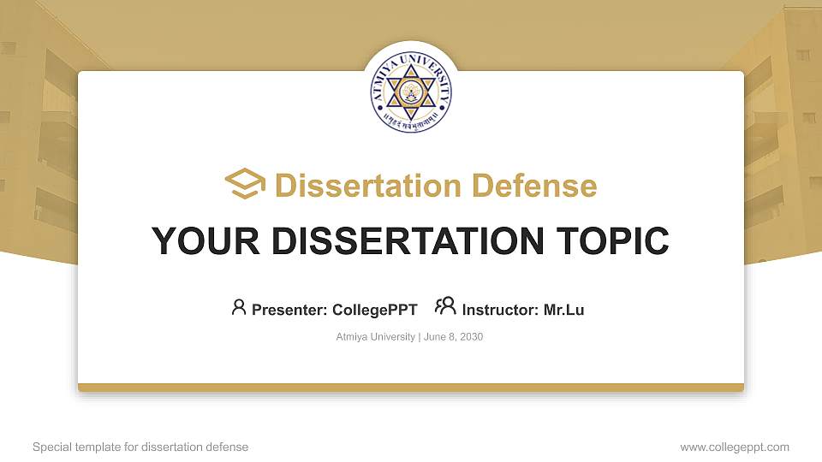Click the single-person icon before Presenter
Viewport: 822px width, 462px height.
coord(239,307)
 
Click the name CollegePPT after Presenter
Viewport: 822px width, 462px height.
coord(374,310)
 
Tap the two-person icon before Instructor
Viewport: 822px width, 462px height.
coord(445,307)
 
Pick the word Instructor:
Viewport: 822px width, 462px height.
coord(500,310)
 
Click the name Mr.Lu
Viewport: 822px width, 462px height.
coord(563,310)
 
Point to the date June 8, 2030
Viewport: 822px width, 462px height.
coord(454,337)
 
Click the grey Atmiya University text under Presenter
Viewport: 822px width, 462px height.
coord(376,337)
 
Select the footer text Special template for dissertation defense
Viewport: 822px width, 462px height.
coord(140,447)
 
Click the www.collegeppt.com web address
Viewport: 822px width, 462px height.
coord(735,447)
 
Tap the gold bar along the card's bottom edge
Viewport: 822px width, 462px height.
coord(411,388)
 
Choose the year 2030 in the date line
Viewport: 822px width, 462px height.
coord(472,337)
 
